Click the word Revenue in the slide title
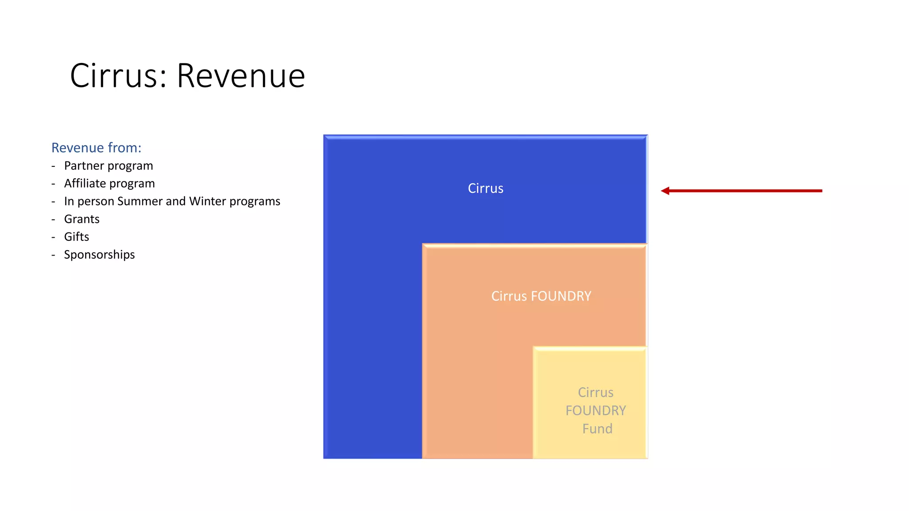241,76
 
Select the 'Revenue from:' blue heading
96,148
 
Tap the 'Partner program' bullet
108,166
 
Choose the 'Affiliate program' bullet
109,184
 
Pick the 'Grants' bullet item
82,219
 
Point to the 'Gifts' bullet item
76,237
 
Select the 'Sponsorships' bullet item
99,255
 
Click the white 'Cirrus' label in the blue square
486,189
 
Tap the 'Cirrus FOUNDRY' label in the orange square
541,296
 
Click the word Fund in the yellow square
597,429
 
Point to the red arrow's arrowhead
665,191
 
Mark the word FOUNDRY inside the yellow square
596,411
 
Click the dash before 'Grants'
53,219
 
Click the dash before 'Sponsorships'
53,255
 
